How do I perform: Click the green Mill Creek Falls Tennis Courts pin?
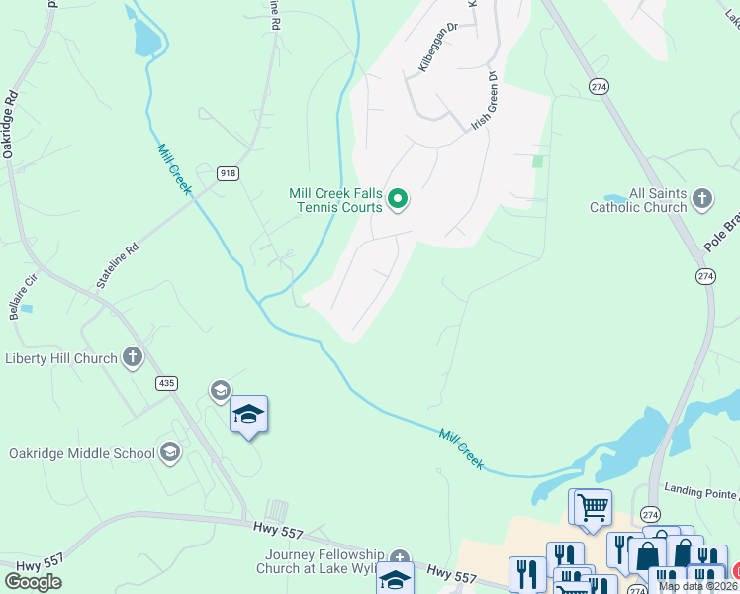point(398,200)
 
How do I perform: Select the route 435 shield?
point(166,382)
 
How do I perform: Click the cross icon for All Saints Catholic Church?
point(702,199)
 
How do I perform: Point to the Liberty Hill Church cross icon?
point(133,358)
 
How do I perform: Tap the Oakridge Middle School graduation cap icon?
point(170,453)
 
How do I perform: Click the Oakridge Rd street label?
point(11,125)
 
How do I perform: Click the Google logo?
point(33,582)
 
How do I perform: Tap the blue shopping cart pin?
point(593,507)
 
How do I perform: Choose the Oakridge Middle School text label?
point(82,453)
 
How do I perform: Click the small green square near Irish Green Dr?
point(538,160)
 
